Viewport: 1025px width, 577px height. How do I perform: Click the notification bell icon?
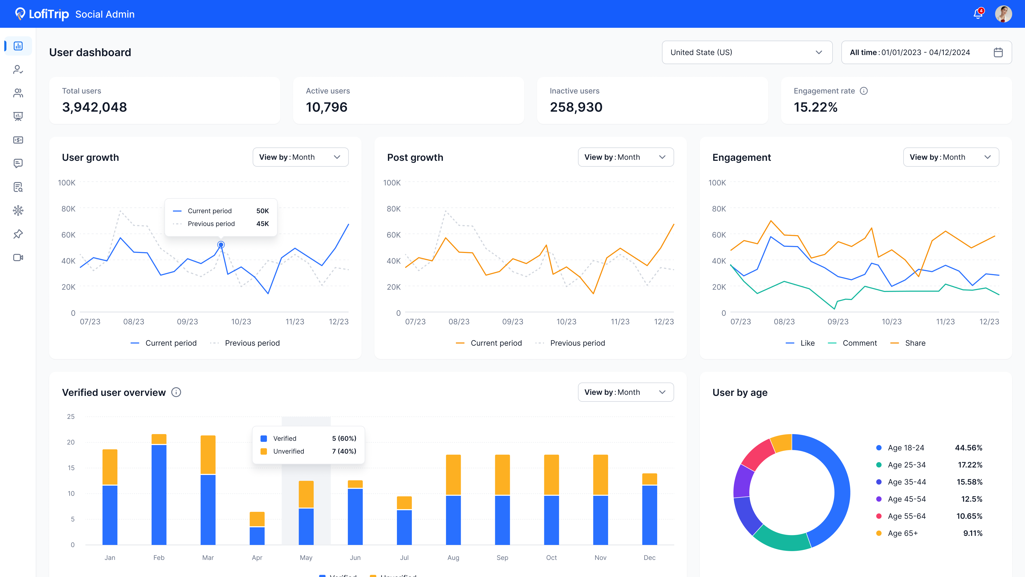point(978,14)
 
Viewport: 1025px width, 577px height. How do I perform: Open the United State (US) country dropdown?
point(747,52)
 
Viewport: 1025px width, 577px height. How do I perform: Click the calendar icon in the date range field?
point(998,52)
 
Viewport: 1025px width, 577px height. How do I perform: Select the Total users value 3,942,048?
point(94,107)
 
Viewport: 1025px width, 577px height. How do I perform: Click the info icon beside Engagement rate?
point(864,91)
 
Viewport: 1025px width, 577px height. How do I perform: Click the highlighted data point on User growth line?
point(221,244)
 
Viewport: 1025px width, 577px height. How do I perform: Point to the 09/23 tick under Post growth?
point(512,321)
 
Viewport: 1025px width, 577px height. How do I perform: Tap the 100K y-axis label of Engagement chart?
point(717,182)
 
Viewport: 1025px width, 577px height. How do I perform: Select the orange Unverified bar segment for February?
point(159,439)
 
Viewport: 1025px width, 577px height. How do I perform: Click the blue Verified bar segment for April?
point(257,536)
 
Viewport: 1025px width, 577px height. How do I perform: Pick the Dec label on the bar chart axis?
point(649,557)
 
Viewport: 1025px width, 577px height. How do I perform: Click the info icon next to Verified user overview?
point(176,392)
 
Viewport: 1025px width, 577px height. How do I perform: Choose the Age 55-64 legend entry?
point(901,516)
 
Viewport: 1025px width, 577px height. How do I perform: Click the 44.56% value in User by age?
point(968,448)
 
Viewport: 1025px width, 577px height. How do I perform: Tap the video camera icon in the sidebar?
point(18,258)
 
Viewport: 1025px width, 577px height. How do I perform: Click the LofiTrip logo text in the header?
point(49,14)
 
